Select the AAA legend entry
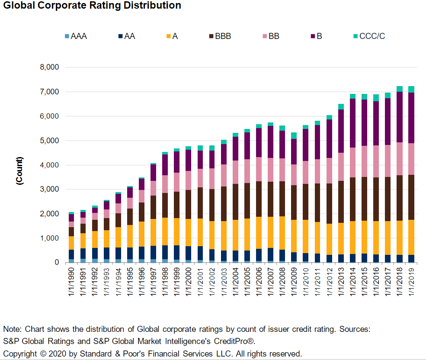[x=78, y=36]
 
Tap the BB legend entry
[x=273, y=36]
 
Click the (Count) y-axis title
[x=19, y=171]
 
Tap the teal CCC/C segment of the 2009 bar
[x=294, y=135]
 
